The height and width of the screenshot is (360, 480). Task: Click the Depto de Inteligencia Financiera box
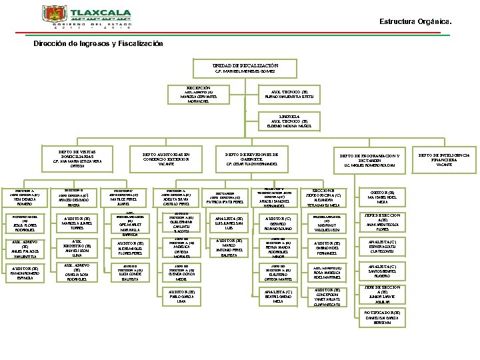coord(443,159)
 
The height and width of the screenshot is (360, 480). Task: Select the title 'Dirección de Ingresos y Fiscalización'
coord(98,43)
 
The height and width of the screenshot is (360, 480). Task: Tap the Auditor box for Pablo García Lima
coord(182,296)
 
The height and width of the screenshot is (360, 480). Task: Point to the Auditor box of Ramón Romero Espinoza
coord(25,274)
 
